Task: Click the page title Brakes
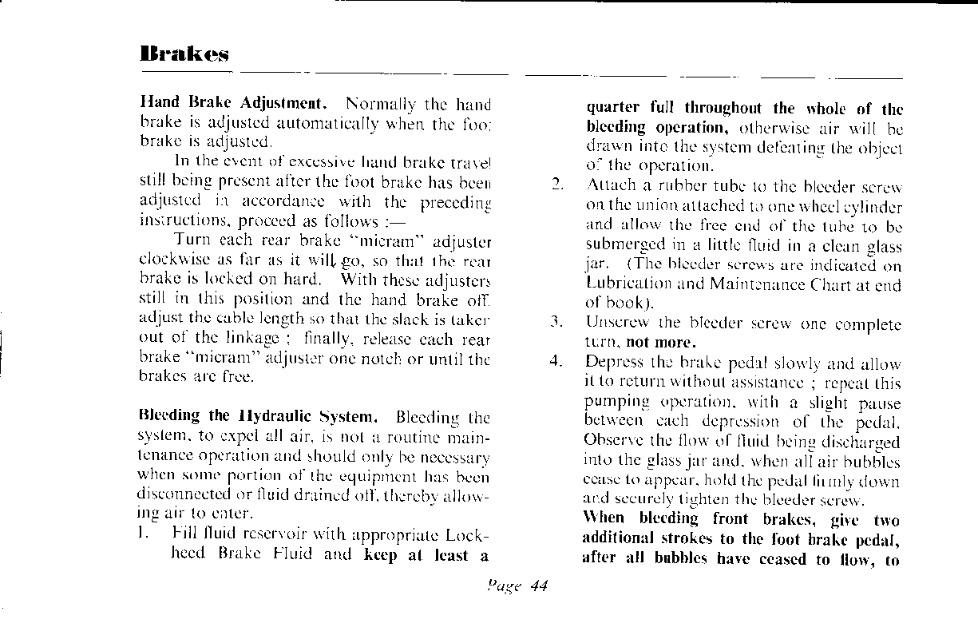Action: point(184,54)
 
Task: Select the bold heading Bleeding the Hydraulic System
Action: point(258,416)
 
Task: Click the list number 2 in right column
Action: point(558,187)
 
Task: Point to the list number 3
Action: point(557,324)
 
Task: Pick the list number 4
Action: point(557,363)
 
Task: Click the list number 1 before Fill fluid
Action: point(145,533)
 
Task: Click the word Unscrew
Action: point(612,324)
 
